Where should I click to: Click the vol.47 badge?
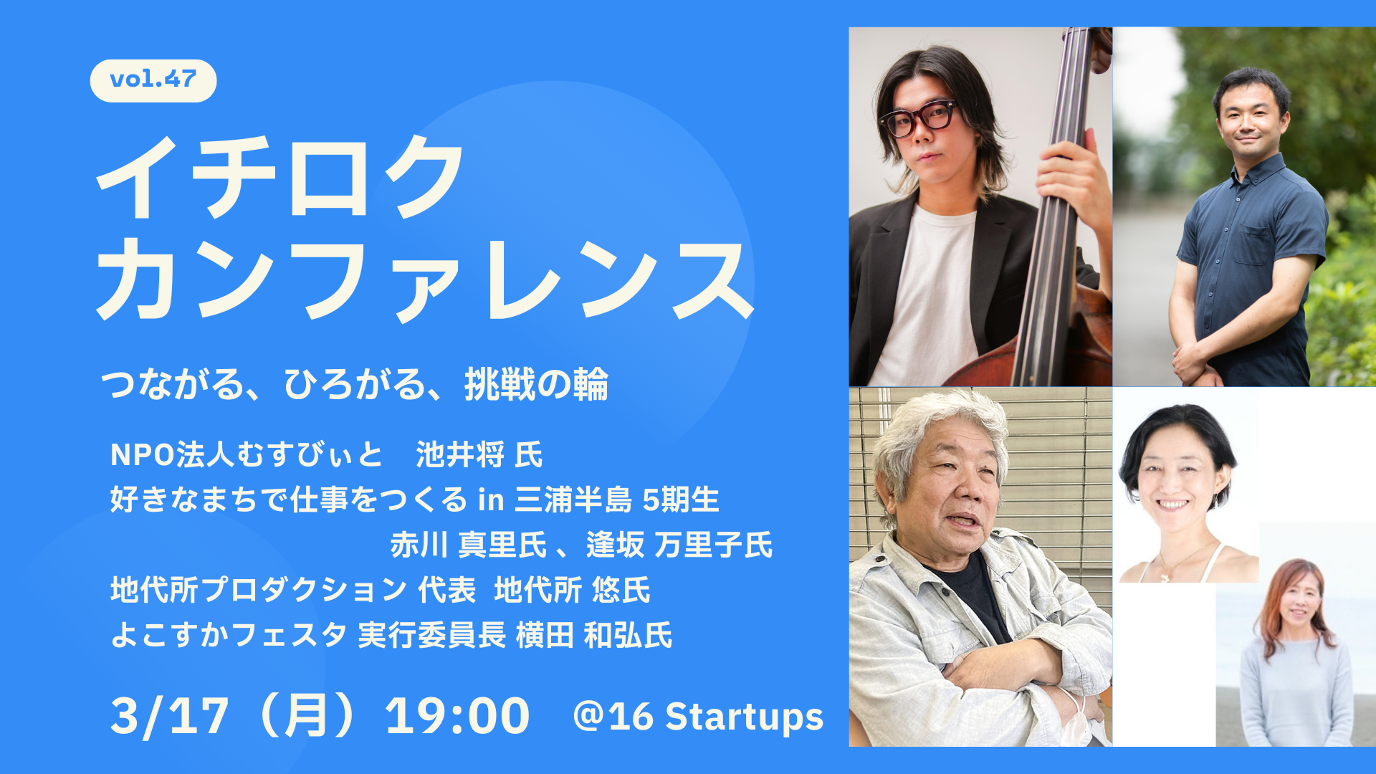pos(153,80)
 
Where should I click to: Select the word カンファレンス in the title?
pos(424,279)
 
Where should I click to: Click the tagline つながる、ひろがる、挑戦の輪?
pos(355,385)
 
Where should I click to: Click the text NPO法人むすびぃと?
pos(247,454)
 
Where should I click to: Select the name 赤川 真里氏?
pos(469,545)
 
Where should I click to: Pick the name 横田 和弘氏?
pos(594,635)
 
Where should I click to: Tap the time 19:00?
pos(457,716)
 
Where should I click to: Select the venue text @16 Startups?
pos(699,717)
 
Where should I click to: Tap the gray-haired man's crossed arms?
pos(1003,674)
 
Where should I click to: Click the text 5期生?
pos(681,500)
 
